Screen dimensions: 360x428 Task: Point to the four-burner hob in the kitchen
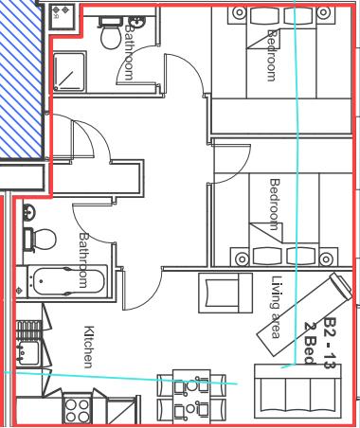[x=76, y=410]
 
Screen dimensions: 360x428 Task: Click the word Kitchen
[x=89, y=348]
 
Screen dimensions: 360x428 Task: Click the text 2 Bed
[x=311, y=343]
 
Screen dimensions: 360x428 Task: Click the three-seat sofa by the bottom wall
[x=297, y=387]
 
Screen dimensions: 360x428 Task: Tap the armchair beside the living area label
[x=225, y=292]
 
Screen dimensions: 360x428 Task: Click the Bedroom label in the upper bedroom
[x=273, y=55]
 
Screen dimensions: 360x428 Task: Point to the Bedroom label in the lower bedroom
[x=275, y=204]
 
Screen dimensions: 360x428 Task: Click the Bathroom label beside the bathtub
[x=83, y=260]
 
